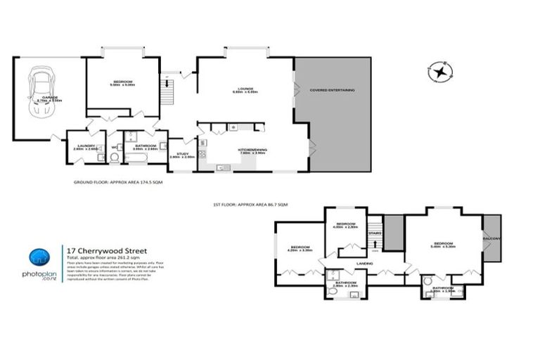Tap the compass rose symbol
point(441,71)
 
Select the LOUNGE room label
point(245,89)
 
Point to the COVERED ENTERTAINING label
point(332,90)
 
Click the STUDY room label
point(183,154)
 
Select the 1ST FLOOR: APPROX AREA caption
point(250,204)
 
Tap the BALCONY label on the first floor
point(491,238)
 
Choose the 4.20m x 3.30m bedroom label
point(300,248)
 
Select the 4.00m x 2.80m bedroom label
point(345,226)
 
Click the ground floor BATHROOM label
point(145,146)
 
